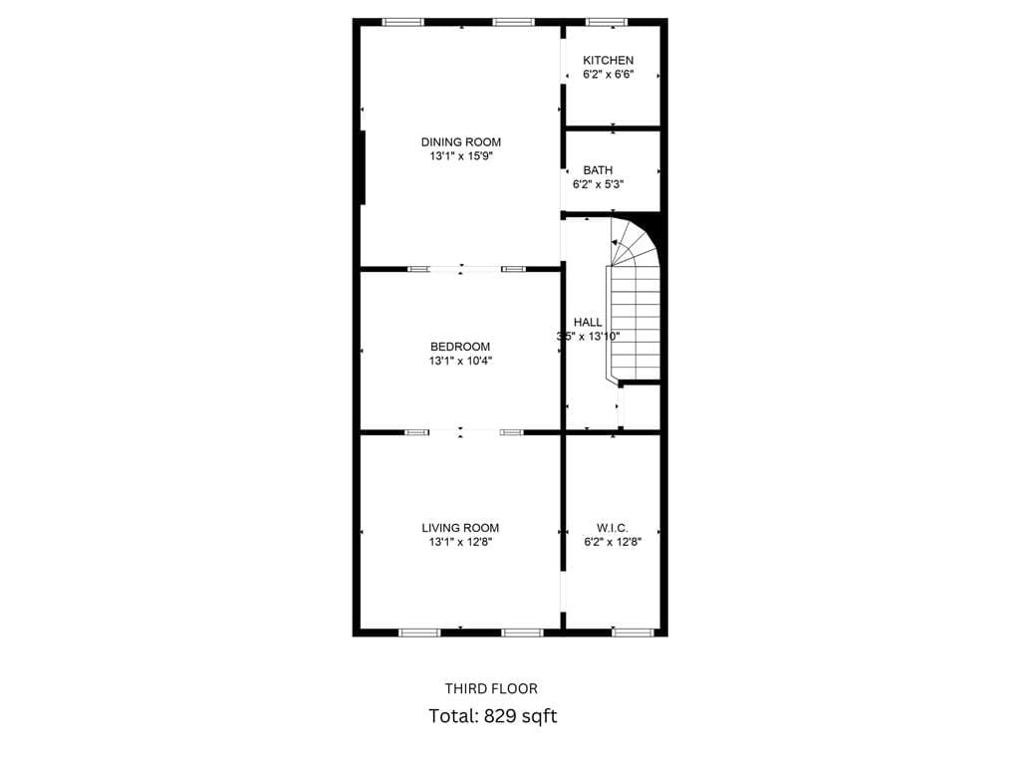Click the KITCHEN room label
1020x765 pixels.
608,60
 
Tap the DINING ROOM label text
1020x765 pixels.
460,141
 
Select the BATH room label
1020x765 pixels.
598,169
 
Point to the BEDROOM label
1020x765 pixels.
460,347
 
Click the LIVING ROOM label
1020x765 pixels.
460,528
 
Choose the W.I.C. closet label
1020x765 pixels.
613,528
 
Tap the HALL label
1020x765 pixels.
588,322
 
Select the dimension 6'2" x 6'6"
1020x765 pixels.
609,74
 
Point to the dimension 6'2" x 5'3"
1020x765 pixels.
598,184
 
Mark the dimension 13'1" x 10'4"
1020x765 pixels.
460,361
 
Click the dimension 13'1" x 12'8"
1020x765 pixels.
460,543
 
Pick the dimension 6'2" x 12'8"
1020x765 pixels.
613,542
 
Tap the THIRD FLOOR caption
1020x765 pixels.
491,689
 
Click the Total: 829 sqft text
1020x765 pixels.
492,716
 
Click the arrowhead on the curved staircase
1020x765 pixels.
615,243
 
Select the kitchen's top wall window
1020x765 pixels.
607,22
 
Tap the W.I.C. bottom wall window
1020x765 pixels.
634,632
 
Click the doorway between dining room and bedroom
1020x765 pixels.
461,268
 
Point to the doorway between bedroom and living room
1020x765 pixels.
461,432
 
